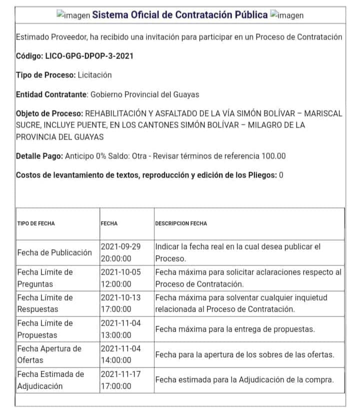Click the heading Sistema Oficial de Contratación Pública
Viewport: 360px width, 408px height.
click(180, 14)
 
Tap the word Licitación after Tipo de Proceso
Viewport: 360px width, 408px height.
click(94, 75)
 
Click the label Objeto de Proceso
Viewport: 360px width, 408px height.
click(49, 113)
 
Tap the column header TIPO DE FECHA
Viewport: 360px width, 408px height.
click(36, 223)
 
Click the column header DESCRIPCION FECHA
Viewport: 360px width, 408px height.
click(181, 223)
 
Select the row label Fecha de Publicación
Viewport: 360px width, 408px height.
click(54, 252)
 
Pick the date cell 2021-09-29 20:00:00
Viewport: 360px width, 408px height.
click(121, 252)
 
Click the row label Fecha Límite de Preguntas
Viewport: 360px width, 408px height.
click(45, 278)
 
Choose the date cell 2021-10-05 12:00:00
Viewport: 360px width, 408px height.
click(121, 278)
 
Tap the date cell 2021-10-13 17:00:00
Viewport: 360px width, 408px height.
click(121, 303)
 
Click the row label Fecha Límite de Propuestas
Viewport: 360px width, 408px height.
click(45, 329)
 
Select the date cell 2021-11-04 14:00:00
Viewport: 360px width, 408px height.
click(121, 354)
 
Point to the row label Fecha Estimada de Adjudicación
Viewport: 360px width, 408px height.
click(50, 380)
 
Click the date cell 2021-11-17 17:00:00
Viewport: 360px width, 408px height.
click(121, 380)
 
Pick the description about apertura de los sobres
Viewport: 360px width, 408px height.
click(244, 354)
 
